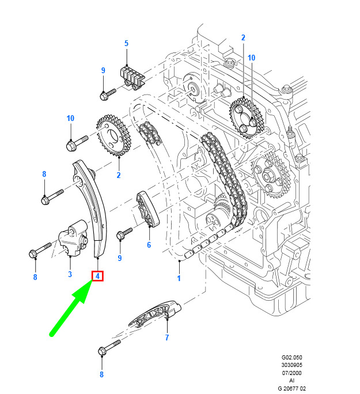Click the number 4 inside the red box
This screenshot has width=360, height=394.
97,276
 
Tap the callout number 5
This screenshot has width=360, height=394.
126,43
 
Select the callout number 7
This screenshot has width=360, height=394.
167,338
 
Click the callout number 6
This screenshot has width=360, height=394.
149,245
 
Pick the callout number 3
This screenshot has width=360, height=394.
70,274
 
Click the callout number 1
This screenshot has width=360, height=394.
179,278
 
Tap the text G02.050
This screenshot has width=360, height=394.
291,357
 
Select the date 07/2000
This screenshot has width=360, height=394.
291,373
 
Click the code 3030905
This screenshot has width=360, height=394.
291,365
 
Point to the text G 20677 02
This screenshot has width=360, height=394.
291,388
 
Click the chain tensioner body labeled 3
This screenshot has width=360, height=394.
73,238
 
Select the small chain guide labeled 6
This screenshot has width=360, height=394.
147,209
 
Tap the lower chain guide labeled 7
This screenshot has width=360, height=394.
155,314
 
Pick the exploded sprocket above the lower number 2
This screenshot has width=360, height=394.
113,136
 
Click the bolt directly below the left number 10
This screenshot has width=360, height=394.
77,143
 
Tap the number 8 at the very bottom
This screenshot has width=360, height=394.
101,374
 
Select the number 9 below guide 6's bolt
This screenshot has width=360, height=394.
120,258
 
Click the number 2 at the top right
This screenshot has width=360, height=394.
243,37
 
